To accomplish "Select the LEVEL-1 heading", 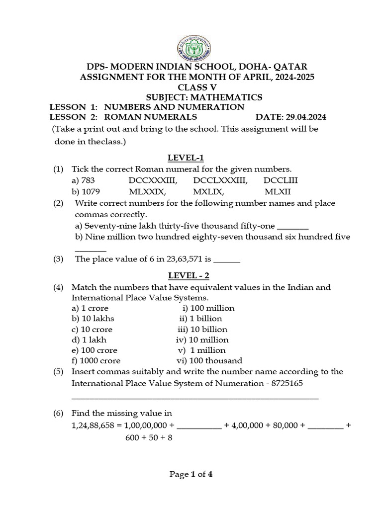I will point(186,158).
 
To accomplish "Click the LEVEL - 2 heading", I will point(188,275).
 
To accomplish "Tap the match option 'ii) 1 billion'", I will point(201,319).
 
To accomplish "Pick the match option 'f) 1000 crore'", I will point(96,361).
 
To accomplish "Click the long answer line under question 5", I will point(195,398).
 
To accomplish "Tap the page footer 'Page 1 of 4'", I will point(191,474).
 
